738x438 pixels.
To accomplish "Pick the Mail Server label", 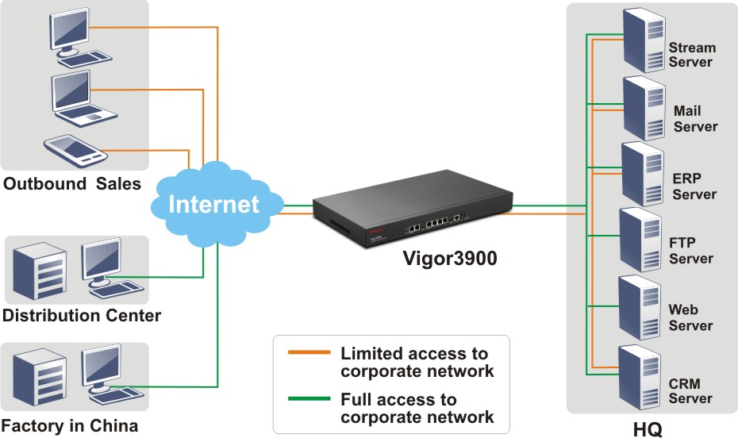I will tap(695, 119).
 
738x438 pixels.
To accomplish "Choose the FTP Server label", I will tap(690, 250).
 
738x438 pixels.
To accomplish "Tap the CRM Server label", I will tap(690, 391).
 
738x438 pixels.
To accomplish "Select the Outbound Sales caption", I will tap(72, 184).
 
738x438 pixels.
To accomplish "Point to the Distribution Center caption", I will tap(82, 316).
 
